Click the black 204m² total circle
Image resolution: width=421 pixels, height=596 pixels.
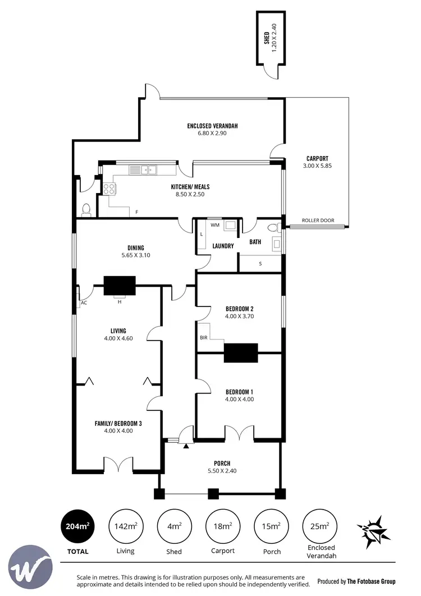(x=77, y=526)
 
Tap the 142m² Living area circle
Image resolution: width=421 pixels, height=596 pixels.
(x=125, y=526)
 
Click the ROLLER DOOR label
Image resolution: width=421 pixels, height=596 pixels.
(x=318, y=221)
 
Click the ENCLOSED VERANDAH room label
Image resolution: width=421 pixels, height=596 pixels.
(x=212, y=130)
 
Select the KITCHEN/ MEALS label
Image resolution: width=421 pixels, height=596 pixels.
(x=190, y=191)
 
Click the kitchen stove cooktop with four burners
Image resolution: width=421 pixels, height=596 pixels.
(x=109, y=189)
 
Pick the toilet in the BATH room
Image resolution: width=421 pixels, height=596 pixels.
(x=272, y=227)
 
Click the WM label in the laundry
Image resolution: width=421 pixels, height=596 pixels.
(x=214, y=225)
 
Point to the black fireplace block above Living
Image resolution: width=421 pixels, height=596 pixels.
(x=119, y=285)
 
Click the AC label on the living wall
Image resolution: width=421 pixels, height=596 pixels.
(x=84, y=302)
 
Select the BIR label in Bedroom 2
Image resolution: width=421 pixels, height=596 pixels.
(x=203, y=338)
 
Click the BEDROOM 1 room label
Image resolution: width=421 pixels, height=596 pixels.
(x=239, y=395)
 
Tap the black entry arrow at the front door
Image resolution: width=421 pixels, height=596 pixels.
(x=185, y=446)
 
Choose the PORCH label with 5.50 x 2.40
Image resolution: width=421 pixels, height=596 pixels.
(x=222, y=467)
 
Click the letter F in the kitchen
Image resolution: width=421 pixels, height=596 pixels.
(x=136, y=212)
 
